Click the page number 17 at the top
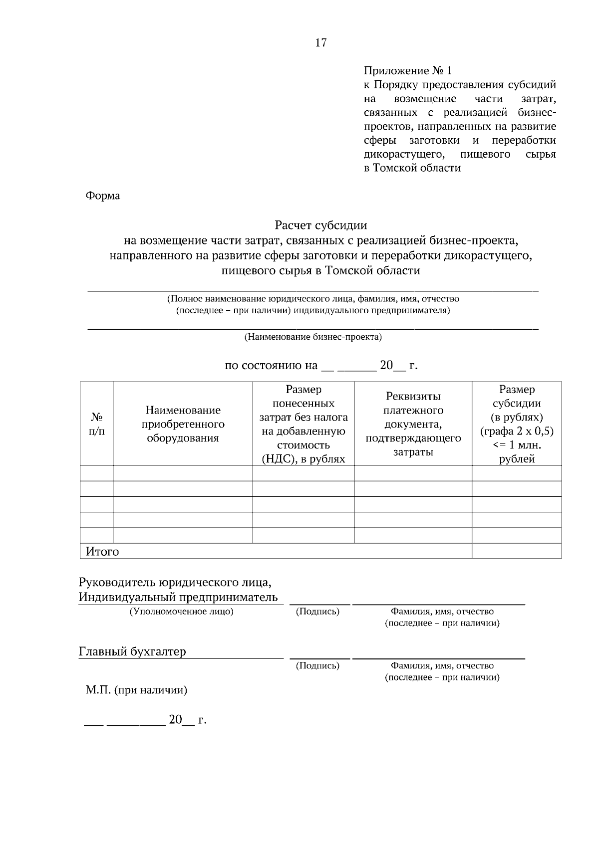[x=321, y=43]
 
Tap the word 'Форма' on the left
[x=103, y=196]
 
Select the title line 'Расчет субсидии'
[x=320, y=225]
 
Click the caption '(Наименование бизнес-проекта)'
[x=312, y=337]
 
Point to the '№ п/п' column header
[x=97, y=423]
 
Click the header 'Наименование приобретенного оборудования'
[x=183, y=424]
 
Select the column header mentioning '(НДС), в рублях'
[x=303, y=424]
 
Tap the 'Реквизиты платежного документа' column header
[x=413, y=424]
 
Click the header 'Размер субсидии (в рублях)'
[x=517, y=424]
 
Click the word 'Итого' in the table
[x=102, y=551]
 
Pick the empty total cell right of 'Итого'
[x=517, y=551]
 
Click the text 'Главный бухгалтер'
[x=132, y=651]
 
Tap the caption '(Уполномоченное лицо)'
[x=181, y=612]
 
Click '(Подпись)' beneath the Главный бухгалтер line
[x=317, y=665]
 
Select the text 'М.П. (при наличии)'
[x=136, y=690]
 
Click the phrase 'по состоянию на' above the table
[x=271, y=366]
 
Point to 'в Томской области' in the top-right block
[x=412, y=168]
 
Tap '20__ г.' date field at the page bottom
[x=187, y=720]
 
